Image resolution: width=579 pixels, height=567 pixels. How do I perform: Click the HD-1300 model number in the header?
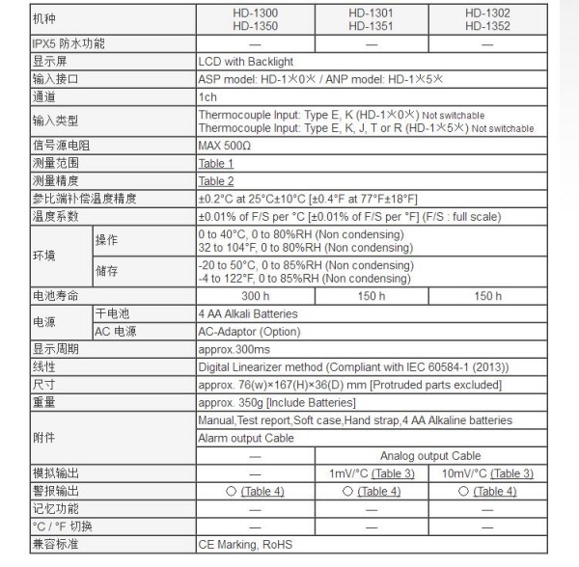point(255,13)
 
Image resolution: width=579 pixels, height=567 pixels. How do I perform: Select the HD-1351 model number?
point(371,27)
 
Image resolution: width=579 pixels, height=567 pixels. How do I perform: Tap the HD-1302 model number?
point(486,13)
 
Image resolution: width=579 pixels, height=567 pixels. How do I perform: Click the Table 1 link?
point(216,164)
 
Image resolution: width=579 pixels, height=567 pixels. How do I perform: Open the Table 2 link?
point(216,180)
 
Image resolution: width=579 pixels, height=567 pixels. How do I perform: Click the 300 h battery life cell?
point(255,296)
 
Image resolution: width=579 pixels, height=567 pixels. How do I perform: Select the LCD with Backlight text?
point(245,60)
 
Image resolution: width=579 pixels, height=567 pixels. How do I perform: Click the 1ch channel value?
point(208,96)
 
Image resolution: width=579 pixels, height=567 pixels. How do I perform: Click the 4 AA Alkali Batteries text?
point(248,313)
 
